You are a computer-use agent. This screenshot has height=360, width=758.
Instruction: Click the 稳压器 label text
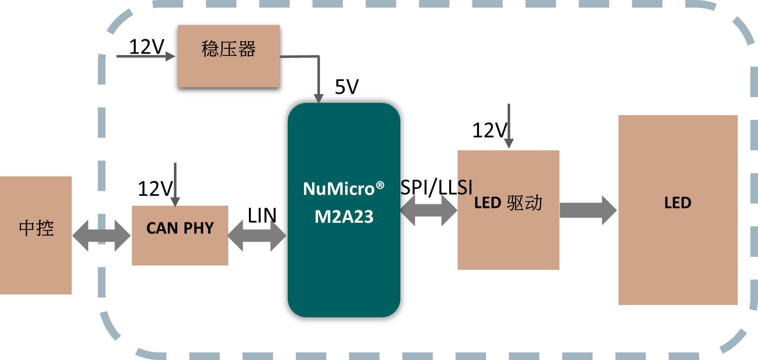(228, 49)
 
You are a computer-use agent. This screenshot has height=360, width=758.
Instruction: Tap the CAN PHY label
(180, 228)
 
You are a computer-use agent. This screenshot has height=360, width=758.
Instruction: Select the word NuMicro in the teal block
(338, 189)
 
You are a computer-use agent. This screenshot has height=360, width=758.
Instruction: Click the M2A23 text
(344, 217)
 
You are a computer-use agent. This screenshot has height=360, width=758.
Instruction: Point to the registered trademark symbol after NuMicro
(380, 185)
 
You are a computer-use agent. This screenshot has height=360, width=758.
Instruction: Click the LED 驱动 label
(508, 203)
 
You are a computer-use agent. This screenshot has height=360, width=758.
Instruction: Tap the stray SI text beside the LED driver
(465, 188)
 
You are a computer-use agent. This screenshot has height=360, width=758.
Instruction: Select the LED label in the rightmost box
(678, 203)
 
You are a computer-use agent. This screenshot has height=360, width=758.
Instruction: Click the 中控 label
(36, 229)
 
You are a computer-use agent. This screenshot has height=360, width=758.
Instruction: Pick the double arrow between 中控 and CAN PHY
(101, 236)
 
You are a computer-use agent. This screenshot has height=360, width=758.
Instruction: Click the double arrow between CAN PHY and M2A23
(257, 236)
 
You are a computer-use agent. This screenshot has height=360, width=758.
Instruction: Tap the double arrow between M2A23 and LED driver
(429, 210)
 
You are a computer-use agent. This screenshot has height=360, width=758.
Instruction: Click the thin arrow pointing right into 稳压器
(145, 56)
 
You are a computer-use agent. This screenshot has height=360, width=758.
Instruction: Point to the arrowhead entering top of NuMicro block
(318, 99)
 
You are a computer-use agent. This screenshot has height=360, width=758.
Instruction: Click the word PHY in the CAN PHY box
(199, 228)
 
